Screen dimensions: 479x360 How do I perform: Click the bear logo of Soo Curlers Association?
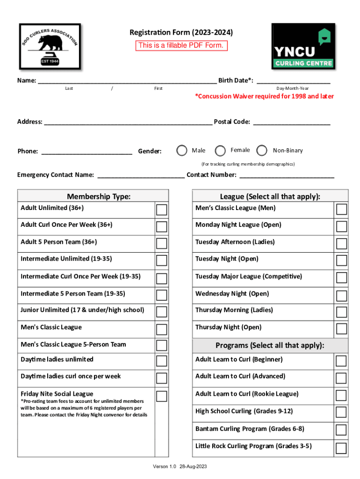click(x=50, y=46)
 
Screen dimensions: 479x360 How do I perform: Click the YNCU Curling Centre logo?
click(x=303, y=47)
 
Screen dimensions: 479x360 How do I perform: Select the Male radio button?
click(x=181, y=151)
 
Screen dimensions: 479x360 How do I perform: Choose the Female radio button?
click(x=220, y=151)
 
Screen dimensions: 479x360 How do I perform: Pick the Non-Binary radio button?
click(x=262, y=151)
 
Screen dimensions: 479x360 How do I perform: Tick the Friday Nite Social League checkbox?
click(x=161, y=396)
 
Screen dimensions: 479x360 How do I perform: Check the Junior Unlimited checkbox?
click(x=161, y=312)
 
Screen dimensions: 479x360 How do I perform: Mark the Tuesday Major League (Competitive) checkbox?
click(x=341, y=278)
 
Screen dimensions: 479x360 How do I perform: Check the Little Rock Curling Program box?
click(x=341, y=448)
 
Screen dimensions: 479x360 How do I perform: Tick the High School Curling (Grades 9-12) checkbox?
click(x=341, y=412)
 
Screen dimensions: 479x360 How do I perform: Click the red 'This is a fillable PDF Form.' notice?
click(x=181, y=45)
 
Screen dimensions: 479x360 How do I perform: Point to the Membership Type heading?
click(x=99, y=196)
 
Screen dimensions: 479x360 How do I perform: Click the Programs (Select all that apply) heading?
click(x=270, y=346)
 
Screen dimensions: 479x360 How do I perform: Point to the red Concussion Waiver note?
click(x=264, y=96)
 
